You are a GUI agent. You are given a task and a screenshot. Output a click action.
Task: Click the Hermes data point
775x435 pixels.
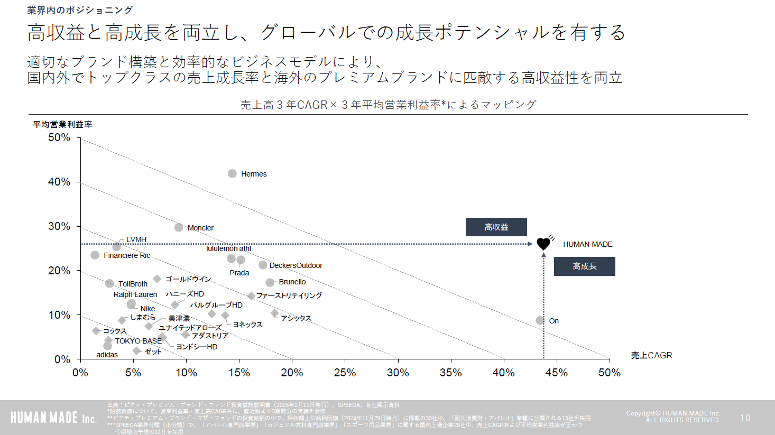coord(232,174)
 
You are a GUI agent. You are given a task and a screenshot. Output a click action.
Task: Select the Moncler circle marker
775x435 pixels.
coord(179,227)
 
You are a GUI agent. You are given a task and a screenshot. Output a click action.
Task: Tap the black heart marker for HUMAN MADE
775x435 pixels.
coord(543,244)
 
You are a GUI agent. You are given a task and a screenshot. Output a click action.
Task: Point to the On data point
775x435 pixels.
coord(540,320)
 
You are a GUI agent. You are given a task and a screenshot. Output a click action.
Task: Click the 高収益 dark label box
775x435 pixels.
coord(496,227)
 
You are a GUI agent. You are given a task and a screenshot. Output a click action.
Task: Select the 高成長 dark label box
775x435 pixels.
coord(584,266)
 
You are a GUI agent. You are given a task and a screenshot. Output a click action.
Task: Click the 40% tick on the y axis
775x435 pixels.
coord(59,182)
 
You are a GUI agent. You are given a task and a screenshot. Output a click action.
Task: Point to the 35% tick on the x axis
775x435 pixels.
coord(450,373)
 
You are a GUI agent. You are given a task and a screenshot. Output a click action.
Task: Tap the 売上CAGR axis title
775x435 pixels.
coord(651,355)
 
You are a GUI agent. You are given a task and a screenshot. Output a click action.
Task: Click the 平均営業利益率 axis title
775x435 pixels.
coord(62,124)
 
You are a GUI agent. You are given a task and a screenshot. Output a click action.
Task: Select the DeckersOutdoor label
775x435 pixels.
coord(296,265)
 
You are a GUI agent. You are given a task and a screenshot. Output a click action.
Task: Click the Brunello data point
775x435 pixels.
coord(270,282)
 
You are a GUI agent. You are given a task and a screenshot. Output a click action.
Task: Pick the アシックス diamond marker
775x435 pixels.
coord(274,313)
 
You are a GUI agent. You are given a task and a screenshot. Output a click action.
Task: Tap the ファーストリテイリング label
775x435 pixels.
coord(289,295)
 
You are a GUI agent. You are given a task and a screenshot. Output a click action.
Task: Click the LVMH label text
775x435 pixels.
coord(136,239)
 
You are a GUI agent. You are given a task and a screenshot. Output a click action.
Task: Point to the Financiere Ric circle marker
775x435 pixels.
coord(95,255)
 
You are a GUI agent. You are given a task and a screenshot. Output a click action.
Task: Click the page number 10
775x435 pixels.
coord(745,418)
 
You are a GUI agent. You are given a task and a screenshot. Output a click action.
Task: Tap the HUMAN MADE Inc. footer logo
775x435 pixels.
coord(53,418)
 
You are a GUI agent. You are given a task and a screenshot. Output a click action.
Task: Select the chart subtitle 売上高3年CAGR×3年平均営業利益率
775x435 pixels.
coord(388,105)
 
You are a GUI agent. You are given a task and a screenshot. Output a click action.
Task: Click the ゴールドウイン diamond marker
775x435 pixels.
coord(157,279)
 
